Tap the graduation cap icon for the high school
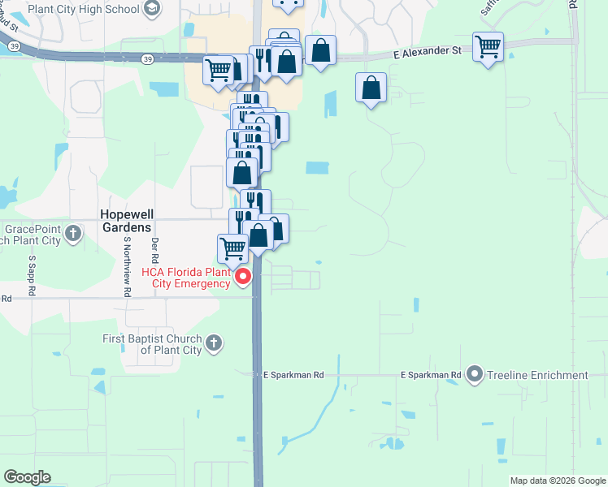(150, 8)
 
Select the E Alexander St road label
(427, 50)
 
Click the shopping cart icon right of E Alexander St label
(488, 47)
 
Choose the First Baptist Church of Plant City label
(151, 344)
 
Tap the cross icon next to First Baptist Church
(214, 343)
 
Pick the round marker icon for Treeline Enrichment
(474, 375)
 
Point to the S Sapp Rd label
(32, 275)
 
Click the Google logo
(27, 477)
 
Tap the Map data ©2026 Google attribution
(557, 481)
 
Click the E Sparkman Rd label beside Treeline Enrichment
(431, 375)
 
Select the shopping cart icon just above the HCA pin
(232, 247)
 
